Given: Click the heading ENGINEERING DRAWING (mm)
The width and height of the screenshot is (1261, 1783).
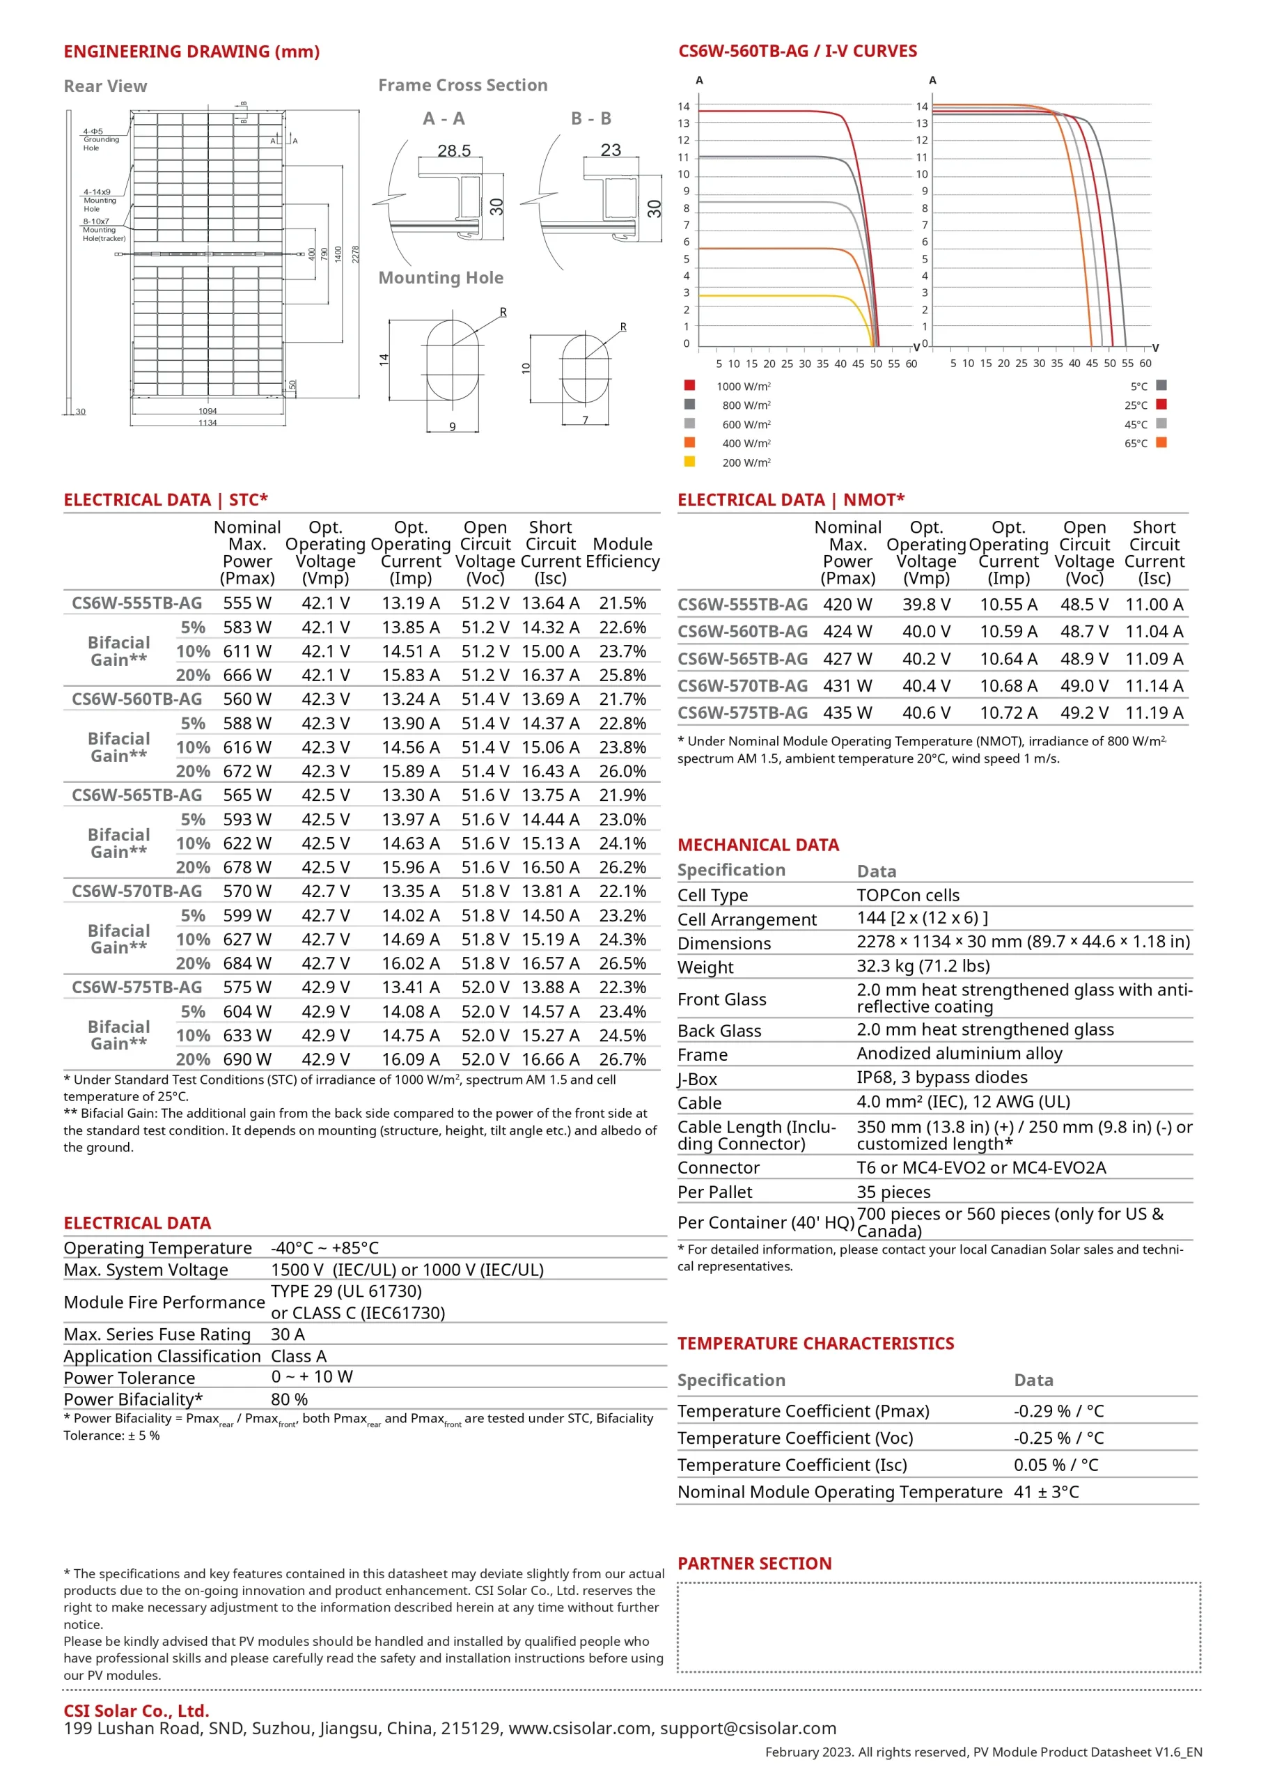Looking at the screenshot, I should (x=191, y=52).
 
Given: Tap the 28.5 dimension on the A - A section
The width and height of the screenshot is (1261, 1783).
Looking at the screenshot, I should (x=454, y=150).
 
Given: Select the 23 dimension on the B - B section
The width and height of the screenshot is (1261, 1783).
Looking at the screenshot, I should (x=611, y=150).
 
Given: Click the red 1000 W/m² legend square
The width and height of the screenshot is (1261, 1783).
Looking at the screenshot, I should (x=689, y=385).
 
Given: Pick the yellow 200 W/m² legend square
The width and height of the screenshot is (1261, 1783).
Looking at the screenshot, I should (x=689, y=461).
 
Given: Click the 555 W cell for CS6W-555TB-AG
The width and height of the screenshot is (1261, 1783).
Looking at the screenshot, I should (x=247, y=603).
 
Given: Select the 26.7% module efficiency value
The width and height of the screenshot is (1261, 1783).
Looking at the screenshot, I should (x=622, y=1059).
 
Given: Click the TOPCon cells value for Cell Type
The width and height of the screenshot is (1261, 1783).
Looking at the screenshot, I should (x=908, y=896).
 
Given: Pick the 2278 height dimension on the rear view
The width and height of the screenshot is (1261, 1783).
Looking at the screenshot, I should (x=356, y=255).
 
